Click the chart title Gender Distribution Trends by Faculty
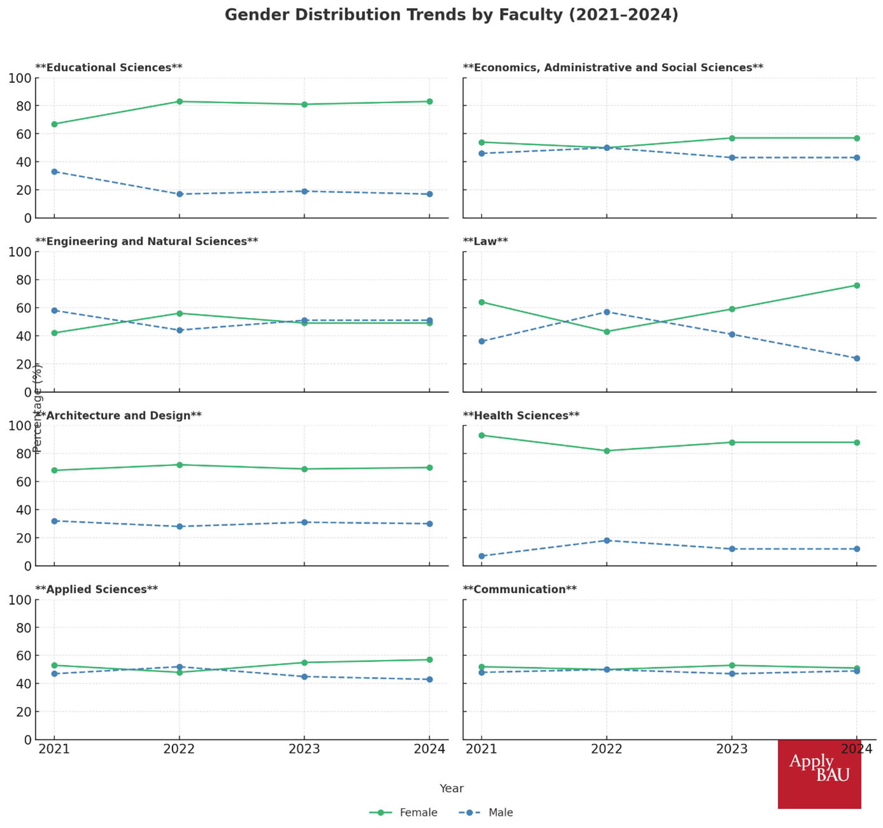coord(451,15)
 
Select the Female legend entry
coord(403,813)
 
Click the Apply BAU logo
coord(819,773)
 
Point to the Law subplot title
coord(485,241)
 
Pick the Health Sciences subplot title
coord(521,416)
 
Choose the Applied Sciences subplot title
coord(96,590)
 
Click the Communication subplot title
coord(520,590)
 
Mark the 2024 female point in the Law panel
coord(857,285)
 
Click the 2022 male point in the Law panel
coord(607,312)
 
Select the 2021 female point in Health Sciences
coord(482,436)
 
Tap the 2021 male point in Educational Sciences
coord(55,172)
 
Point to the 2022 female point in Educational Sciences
coord(180,102)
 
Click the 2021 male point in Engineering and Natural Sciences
coord(55,311)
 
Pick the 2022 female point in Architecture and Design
coord(180,465)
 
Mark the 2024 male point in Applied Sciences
coord(429,680)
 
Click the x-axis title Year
coord(451,789)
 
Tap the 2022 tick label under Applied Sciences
coord(180,750)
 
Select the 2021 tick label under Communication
coord(482,750)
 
